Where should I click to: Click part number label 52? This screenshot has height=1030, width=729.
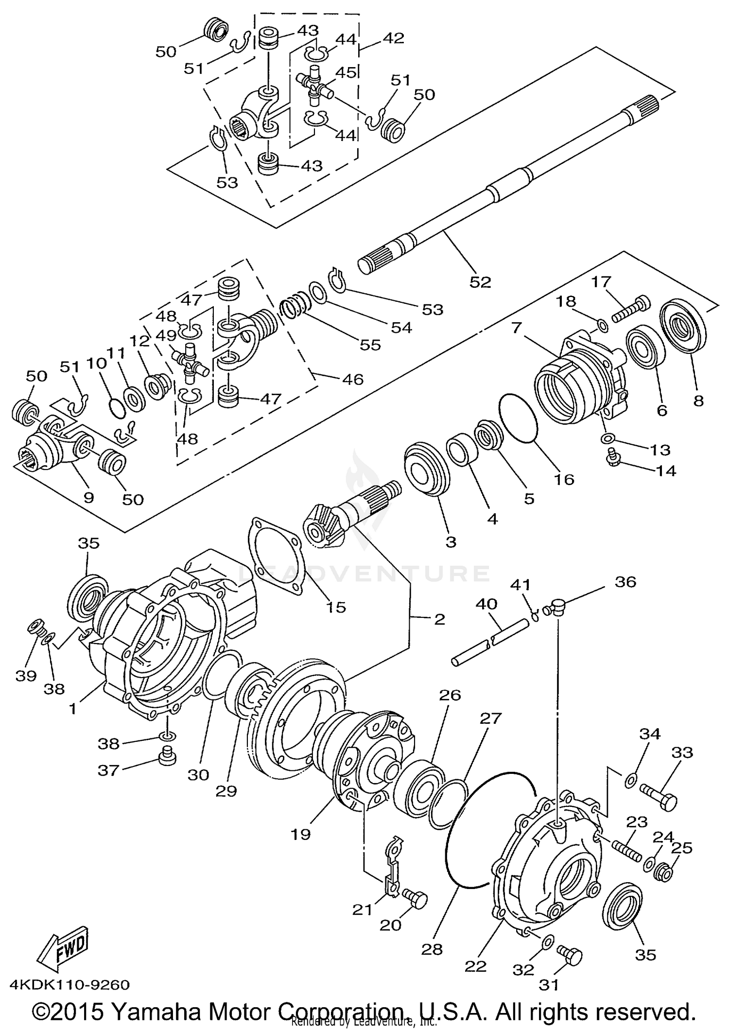click(x=480, y=282)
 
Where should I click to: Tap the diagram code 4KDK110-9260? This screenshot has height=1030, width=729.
click(x=69, y=985)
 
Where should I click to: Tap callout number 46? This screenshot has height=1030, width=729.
click(x=353, y=379)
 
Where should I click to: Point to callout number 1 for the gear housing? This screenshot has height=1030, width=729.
click(x=73, y=709)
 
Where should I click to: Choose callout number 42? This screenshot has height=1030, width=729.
click(x=394, y=38)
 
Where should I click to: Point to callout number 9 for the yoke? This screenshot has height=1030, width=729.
click(x=89, y=497)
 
